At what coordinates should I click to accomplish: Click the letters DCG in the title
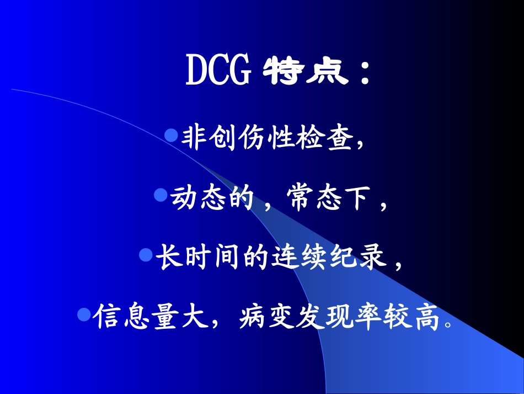point(218,72)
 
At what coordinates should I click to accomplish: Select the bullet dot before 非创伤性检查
point(172,134)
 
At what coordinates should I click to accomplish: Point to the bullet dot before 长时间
point(146,254)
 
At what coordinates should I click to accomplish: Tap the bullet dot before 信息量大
point(83,314)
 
